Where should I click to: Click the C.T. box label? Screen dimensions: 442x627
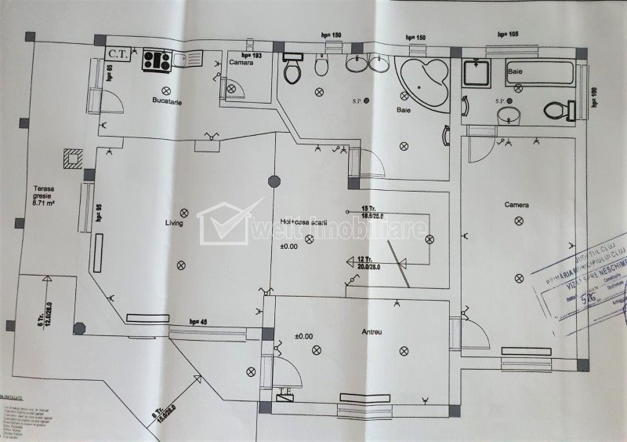[x=120, y=54]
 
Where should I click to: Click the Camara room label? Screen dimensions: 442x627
[x=241, y=62]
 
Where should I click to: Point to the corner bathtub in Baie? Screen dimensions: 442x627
[x=423, y=82]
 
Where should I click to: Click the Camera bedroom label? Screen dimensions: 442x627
[x=516, y=205]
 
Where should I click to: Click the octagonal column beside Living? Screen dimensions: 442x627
[x=273, y=180]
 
